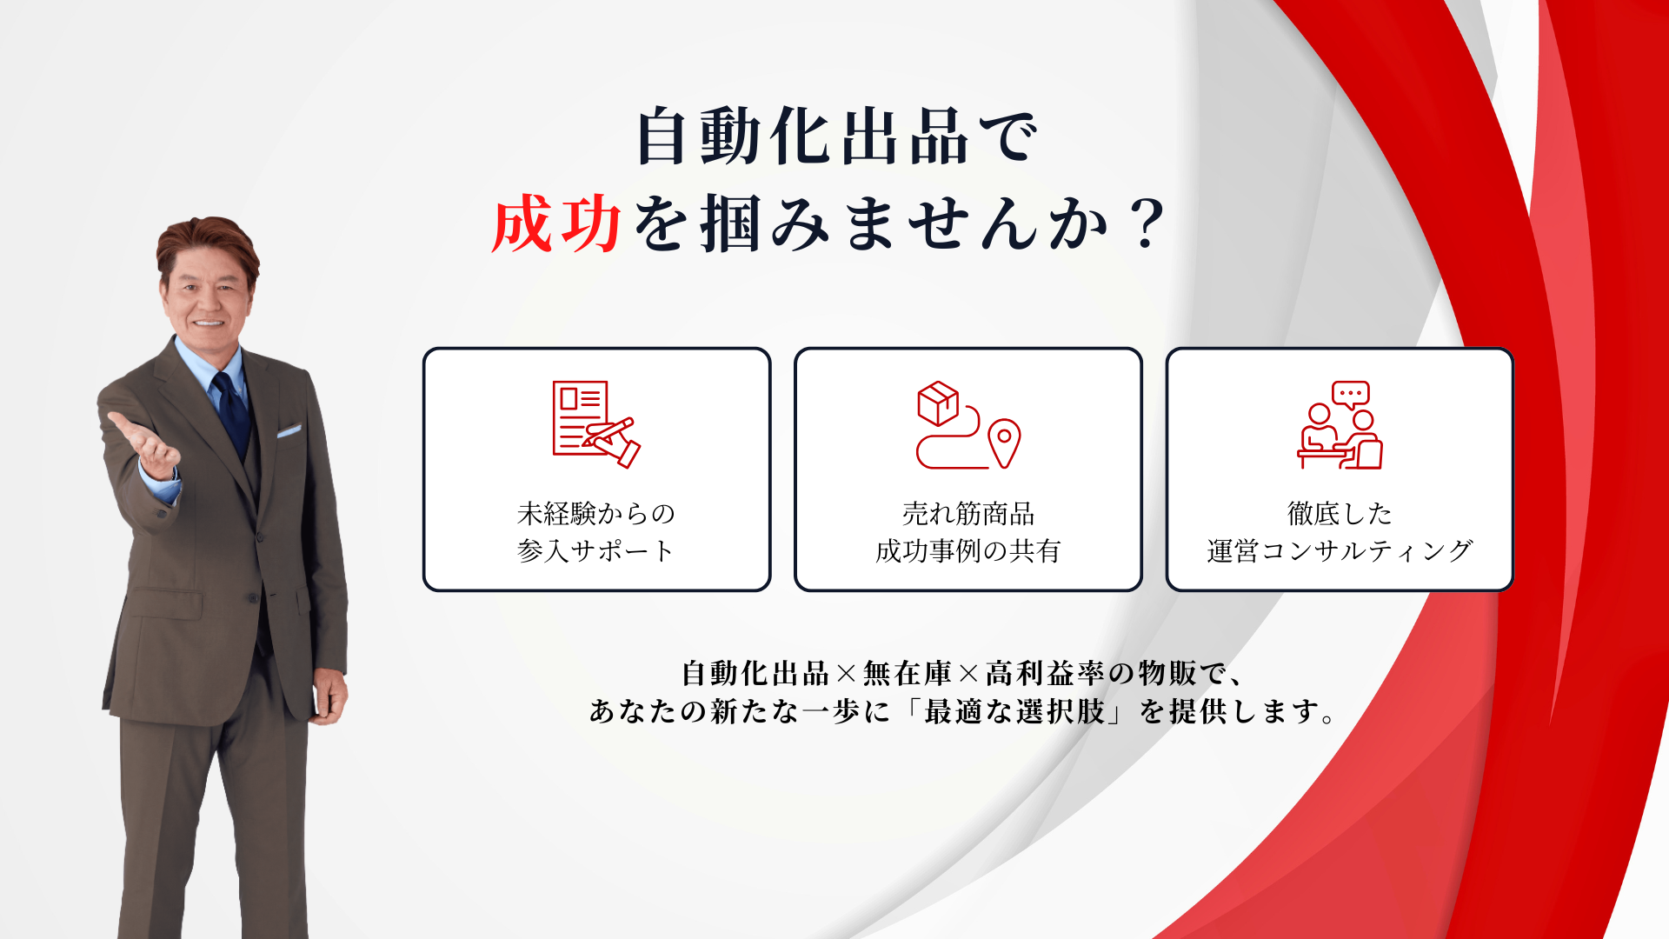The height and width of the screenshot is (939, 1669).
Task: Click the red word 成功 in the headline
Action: pyautogui.click(x=556, y=223)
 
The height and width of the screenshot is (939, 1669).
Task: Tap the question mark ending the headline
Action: pyautogui.click(x=1147, y=223)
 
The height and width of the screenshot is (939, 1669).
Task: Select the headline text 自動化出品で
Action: pyautogui.click(x=837, y=137)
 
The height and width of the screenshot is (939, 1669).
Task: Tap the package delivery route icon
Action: pyautogui.click(x=967, y=425)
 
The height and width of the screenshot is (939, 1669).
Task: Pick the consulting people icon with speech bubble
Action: pyautogui.click(x=1340, y=425)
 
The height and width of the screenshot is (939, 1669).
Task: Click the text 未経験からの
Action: pyautogui.click(x=596, y=514)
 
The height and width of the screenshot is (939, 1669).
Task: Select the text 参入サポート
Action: pyautogui.click(x=596, y=550)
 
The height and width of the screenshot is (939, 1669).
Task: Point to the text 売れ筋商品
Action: pyautogui.click(x=968, y=514)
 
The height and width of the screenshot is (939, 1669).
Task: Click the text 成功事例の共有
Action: pyautogui.click(x=968, y=550)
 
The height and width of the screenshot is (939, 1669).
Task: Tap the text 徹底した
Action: pyautogui.click(x=1340, y=514)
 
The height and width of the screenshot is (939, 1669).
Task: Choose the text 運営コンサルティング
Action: pyautogui.click(x=1340, y=550)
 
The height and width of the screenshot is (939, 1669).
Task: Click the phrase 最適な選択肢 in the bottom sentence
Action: pyautogui.click(x=1014, y=711)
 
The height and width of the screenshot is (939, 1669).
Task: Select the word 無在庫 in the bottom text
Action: pyautogui.click(x=908, y=673)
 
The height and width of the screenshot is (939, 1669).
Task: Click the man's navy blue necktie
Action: pyautogui.click(x=232, y=414)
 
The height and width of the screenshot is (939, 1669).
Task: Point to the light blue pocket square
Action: pyautogui.click(x=289, y=430)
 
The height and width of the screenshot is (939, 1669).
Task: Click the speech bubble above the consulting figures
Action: pyautogui.click(x=1350, y=395)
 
